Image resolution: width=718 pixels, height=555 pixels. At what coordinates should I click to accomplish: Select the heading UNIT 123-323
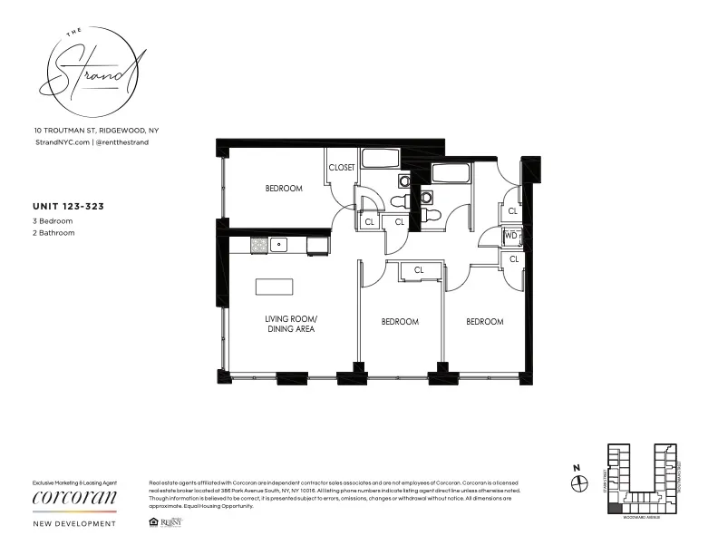click(x=68, y=207)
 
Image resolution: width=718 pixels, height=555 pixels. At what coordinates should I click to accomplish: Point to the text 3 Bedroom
click(x=52, y=220)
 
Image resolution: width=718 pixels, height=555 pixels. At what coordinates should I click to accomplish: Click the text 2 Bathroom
click(x=53, y=233)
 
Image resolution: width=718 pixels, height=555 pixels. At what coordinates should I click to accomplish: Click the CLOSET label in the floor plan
click(x=342, y=168)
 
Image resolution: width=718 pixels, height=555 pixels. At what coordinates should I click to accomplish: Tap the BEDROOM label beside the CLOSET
click(x=284, y=189)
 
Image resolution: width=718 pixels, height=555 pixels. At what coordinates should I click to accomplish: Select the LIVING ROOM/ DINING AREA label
click(x=291, y=324)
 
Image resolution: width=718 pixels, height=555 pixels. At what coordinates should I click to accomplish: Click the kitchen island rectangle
click(x=274, y=287)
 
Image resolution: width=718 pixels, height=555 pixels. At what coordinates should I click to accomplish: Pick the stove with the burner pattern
click(x=257, y=244)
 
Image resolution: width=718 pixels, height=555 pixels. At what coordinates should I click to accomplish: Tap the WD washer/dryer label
click(x=510, y=236)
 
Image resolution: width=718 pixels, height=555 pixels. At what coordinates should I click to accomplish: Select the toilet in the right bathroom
click(x=432, y=215)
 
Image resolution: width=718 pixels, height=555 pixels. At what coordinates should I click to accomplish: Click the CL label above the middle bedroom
click(x=419, y=270)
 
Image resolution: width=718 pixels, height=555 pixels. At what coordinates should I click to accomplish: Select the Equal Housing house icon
click(x=150, y=522)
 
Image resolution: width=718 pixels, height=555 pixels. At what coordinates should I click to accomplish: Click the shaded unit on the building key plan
click(x=615, y=512)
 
